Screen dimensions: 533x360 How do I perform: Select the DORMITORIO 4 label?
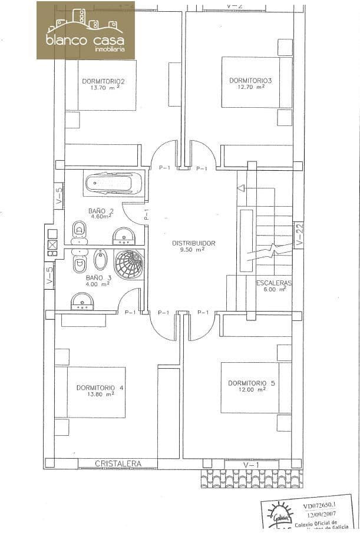100,388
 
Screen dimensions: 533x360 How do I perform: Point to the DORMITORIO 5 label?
252,383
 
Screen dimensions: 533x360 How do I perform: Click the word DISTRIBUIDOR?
193,243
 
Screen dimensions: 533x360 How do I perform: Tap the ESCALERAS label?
275,283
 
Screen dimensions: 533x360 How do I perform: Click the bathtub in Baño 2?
114,183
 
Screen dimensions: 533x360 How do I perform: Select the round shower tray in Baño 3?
128,264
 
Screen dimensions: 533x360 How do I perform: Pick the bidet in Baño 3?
100,260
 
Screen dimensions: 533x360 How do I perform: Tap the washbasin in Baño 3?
83,303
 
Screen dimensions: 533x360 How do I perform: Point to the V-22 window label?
299,234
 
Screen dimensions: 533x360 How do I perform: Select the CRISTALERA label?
118,464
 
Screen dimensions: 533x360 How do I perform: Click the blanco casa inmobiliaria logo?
85,30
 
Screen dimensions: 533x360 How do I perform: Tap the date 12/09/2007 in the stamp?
318,514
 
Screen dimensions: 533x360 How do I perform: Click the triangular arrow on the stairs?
240,188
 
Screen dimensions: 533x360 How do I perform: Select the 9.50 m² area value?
193,250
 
